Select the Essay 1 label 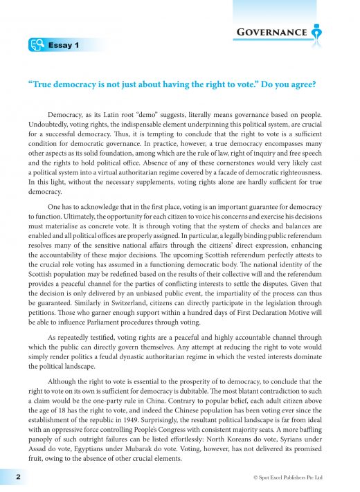(x=65, y=46)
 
